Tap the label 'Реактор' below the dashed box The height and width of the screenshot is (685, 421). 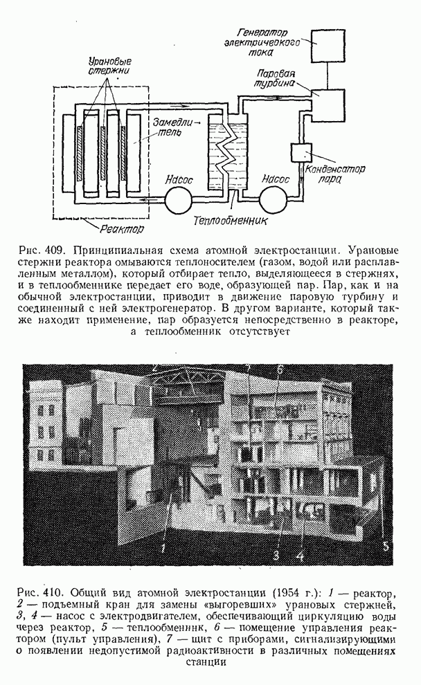pyautogui.click(x=121, y=228)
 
